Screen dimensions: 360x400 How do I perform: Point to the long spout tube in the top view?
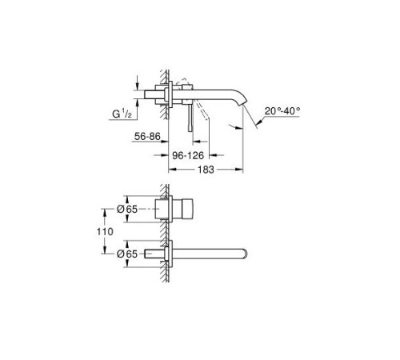coord(212,253)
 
